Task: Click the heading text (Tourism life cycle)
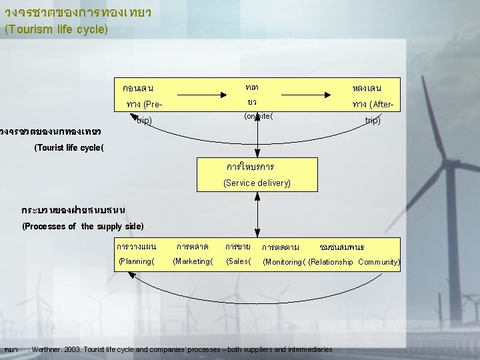point(56,29)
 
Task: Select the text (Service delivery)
point(257,183)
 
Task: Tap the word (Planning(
point(136,261)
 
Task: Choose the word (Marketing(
point(193,261)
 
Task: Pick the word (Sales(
point(239,261)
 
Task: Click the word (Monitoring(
point(285,262)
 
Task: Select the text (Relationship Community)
point(355,262)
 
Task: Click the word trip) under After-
point(373,121)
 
